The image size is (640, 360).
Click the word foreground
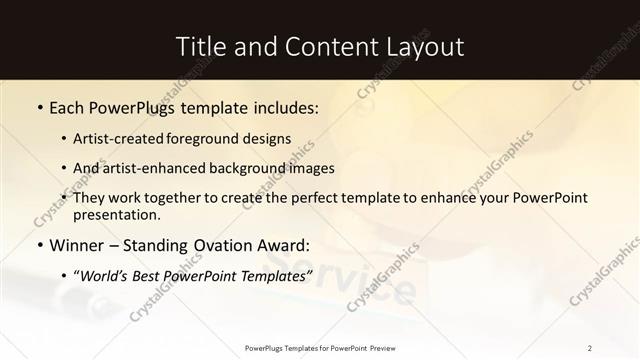pyautogui.click(x=215, y=139)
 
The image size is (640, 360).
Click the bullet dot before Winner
pyautogui.click(x=39, y=244)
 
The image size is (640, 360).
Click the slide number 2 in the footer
pyautogui.click(x=590, y=348)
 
